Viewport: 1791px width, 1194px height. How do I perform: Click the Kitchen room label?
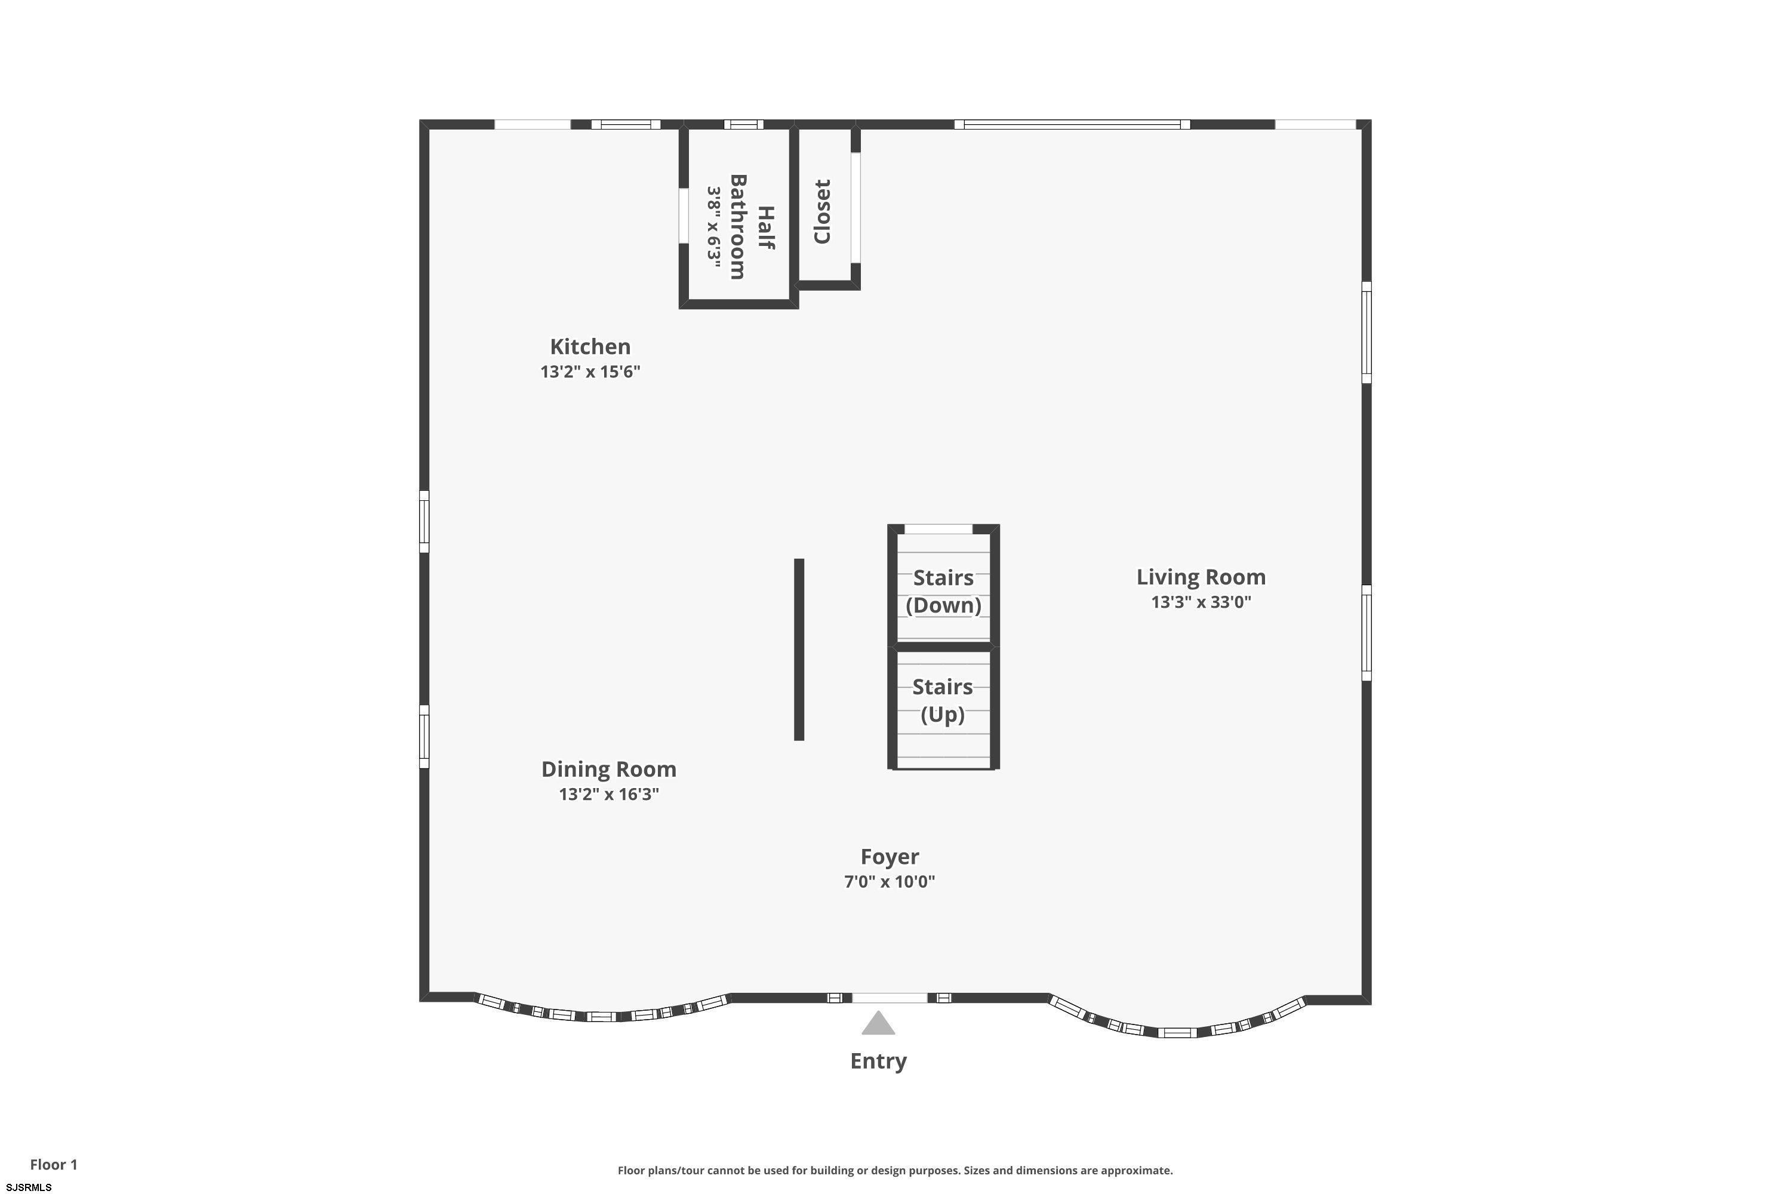[x=590, y=346]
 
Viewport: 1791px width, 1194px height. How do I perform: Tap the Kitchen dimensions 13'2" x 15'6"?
[x=590, y=371]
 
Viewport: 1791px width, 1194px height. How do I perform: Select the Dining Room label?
[x=608, y=769]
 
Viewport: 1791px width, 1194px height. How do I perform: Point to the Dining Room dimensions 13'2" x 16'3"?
[x=608, y=794]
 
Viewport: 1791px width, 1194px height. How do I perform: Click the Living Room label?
[x=1201, y=577]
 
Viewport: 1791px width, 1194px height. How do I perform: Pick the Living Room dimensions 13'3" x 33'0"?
[x=1201, y=602]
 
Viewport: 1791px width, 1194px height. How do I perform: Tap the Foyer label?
[x=890, y=857]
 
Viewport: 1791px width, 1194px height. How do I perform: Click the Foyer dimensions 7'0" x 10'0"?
[x=890, y=881]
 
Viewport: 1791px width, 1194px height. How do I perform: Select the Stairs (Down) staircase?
[x=943, y=586]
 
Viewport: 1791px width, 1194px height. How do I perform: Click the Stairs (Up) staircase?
[x=943, y=708]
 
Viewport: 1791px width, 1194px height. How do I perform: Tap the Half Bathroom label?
[x=752, y=227]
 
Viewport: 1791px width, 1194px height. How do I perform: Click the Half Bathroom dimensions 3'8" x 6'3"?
[x=713, y=223]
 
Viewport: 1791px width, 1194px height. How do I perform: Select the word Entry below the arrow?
[x=878, y=1061]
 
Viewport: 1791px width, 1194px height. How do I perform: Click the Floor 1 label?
[x=53, y=1164]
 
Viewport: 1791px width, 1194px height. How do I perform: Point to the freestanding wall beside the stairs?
[x=799, y=650]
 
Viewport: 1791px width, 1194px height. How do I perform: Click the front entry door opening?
[x=890, y=998]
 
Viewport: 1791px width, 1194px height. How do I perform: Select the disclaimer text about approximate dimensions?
[x=895, y=1170]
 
